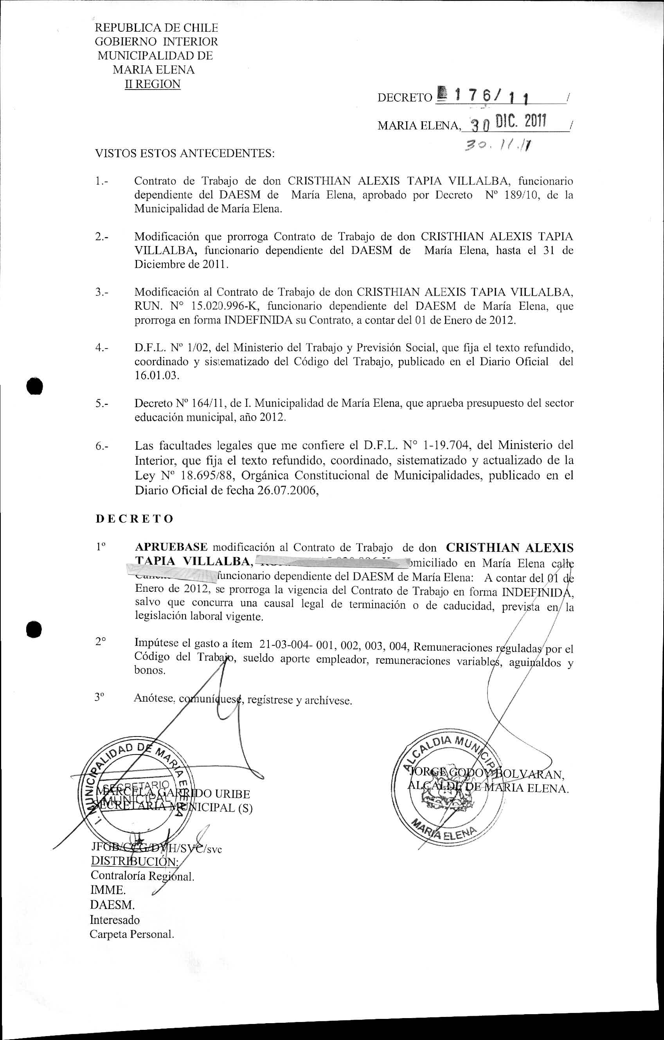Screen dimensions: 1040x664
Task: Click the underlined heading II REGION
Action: [x=153, y=84]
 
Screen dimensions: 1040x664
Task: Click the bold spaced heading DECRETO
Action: [x=134, y=519]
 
